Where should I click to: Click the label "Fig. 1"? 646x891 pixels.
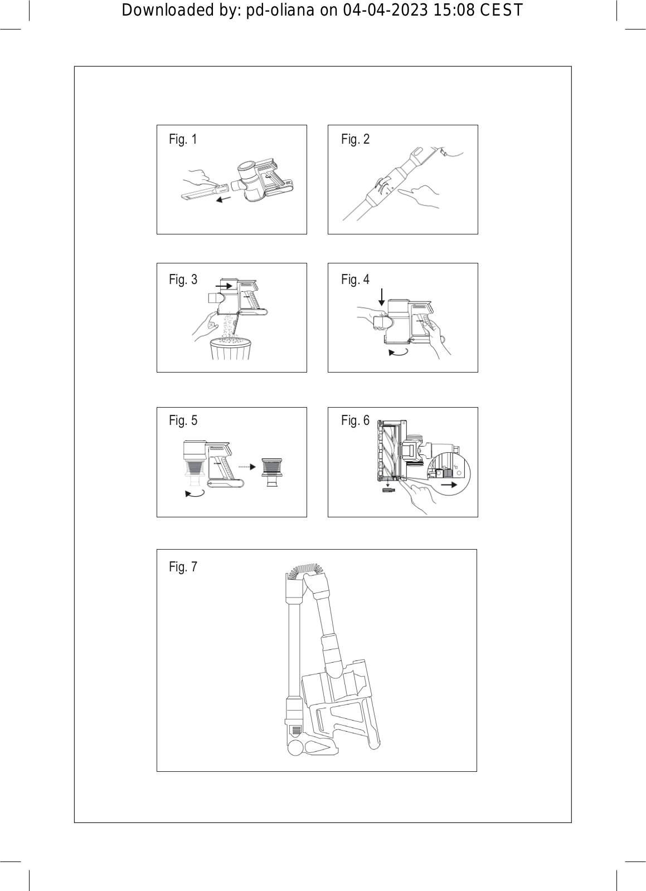pyautogui.click(x=183, y=139)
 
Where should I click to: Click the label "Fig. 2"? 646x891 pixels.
pyautogui.click(x=355, y=139)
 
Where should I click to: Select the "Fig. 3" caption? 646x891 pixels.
pyautogui.click(x=183, y=280)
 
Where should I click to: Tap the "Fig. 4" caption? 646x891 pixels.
pyautogui.click(x=355, y=280)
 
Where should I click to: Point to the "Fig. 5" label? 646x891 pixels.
pyautogui.click(x=183, y=420)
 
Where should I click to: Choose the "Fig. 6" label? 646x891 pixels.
pyautogui.click(x=355, y=420)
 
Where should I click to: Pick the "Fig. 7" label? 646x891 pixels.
pyautogui.click(x=183, y=567)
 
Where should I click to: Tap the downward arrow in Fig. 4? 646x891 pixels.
pyautogui.click(x=381, y=297)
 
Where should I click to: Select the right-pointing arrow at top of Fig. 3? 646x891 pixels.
pyautogui.click(x=224, y=286)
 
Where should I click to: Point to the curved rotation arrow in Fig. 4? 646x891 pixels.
pyautogui.click(x=398, y=352)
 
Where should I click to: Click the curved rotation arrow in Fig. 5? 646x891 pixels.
pyautogui.click(x=195, y=493)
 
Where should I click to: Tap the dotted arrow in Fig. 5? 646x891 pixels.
pyautogui.click(x=246, y=467)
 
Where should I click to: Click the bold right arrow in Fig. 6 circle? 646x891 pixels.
pyautogui.click(x=449, y=484)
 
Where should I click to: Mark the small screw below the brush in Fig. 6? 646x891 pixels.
pyautogui.click(x=389, y=490)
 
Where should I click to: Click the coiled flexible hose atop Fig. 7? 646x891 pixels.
pyautogui.click(x=305, y=570)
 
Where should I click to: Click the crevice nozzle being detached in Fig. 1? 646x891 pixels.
pyautogui.click(x=202, y=193)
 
